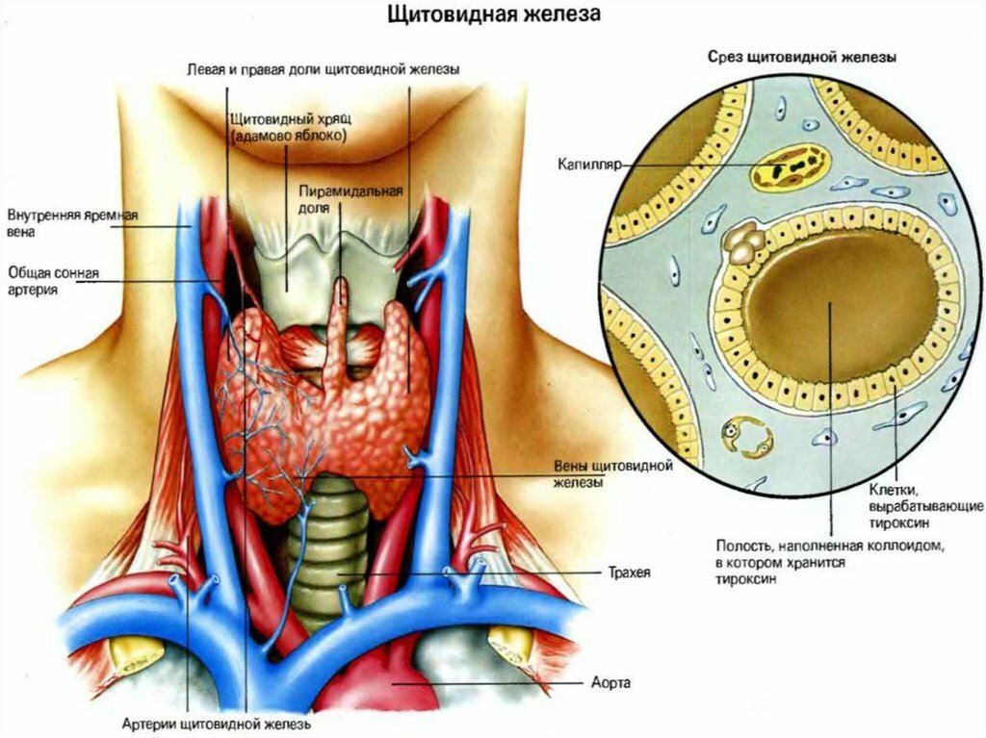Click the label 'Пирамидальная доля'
350,198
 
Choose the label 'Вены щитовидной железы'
613,473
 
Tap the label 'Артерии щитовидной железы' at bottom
217,725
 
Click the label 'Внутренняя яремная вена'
72,222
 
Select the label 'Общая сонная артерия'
54,281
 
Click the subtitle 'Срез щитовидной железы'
802,57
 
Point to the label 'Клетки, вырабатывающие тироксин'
925,505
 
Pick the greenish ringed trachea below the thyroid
327,553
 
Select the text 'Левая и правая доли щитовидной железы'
324,69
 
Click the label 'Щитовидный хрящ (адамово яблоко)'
288,126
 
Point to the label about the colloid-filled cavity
830,561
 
